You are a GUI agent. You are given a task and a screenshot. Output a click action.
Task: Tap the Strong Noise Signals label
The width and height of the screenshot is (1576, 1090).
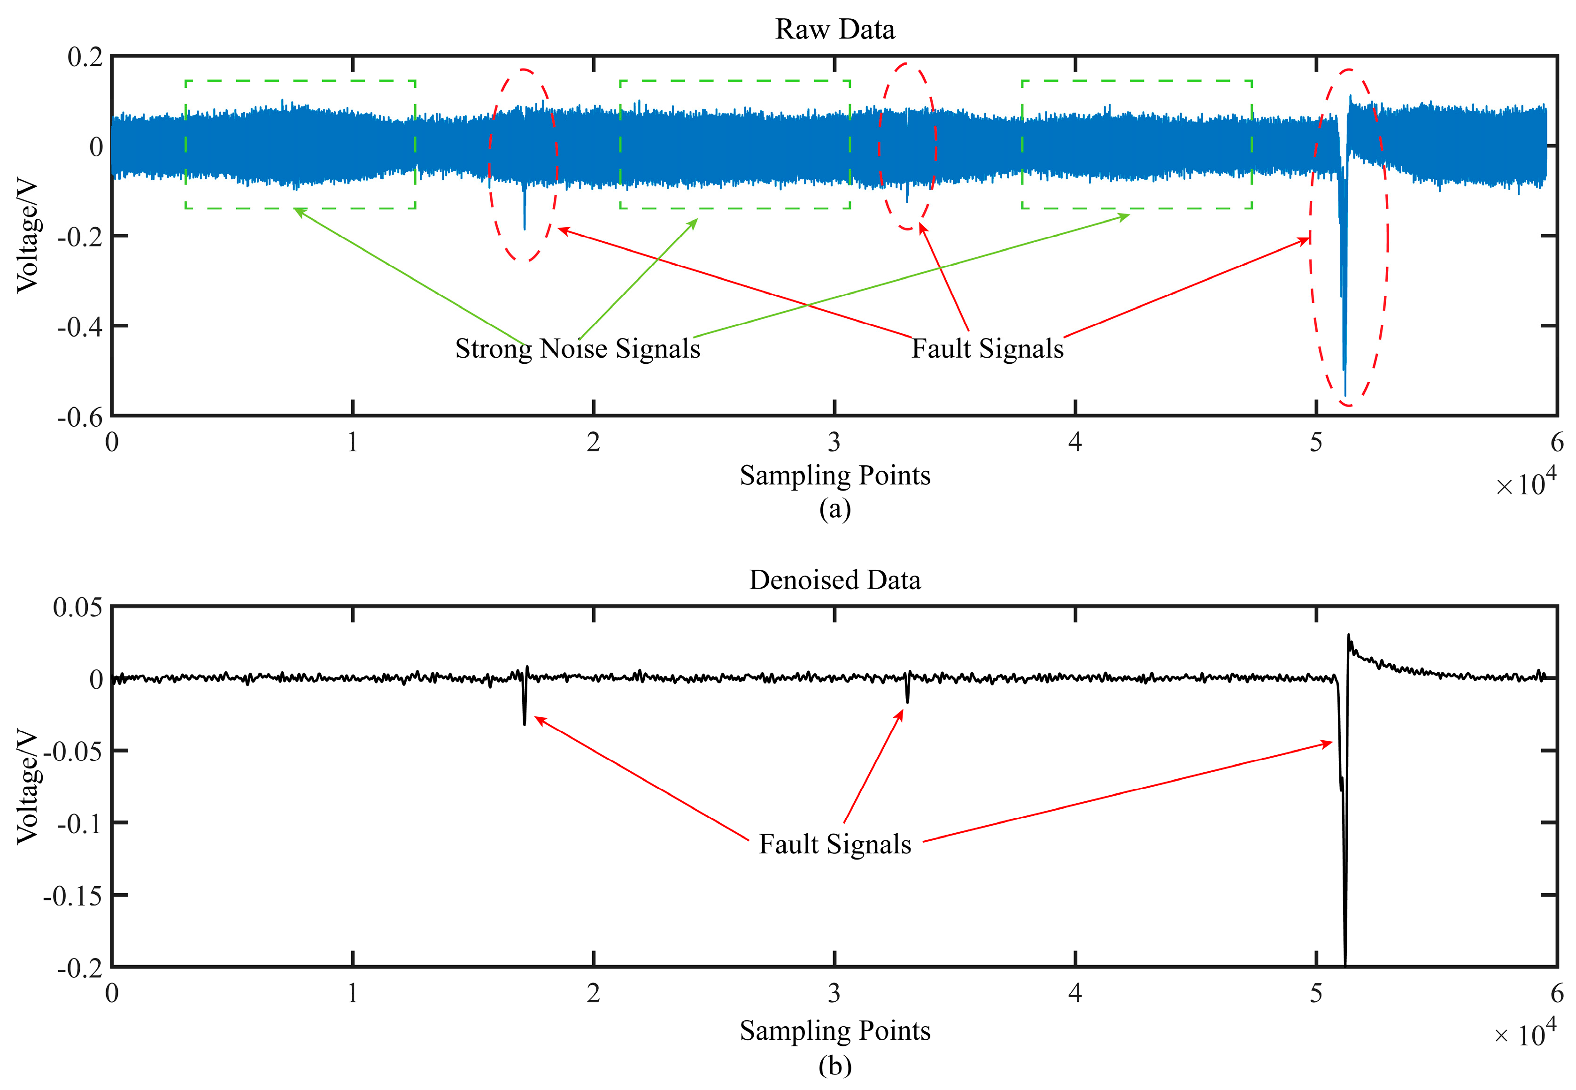click(577, 348)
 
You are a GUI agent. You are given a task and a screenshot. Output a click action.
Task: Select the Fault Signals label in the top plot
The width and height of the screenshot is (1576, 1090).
click(987, 348)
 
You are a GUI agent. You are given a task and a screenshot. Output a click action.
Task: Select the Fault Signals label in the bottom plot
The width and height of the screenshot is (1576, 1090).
click(835, 844)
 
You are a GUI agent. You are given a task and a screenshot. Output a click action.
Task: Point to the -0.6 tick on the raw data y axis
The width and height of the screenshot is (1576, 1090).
click(80, 416)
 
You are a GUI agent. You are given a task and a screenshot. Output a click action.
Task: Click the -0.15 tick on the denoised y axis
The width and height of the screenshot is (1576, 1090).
click(72, 895)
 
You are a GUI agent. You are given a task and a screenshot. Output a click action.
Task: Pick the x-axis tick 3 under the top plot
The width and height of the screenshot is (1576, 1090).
click(834, 443)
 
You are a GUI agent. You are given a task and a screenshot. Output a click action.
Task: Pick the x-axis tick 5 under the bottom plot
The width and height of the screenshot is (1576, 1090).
click(1316, 993)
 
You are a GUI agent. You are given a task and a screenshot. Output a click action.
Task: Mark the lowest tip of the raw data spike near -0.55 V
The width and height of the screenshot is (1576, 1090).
click(1345, 395)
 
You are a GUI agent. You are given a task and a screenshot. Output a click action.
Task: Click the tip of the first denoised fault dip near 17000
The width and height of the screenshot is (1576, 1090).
click(525, 724)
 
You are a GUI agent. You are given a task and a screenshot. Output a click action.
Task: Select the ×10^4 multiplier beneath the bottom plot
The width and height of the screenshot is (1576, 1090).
click(1525, 1034)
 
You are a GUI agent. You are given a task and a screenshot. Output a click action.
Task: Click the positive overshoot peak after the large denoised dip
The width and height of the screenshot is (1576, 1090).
click(1349, 635)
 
